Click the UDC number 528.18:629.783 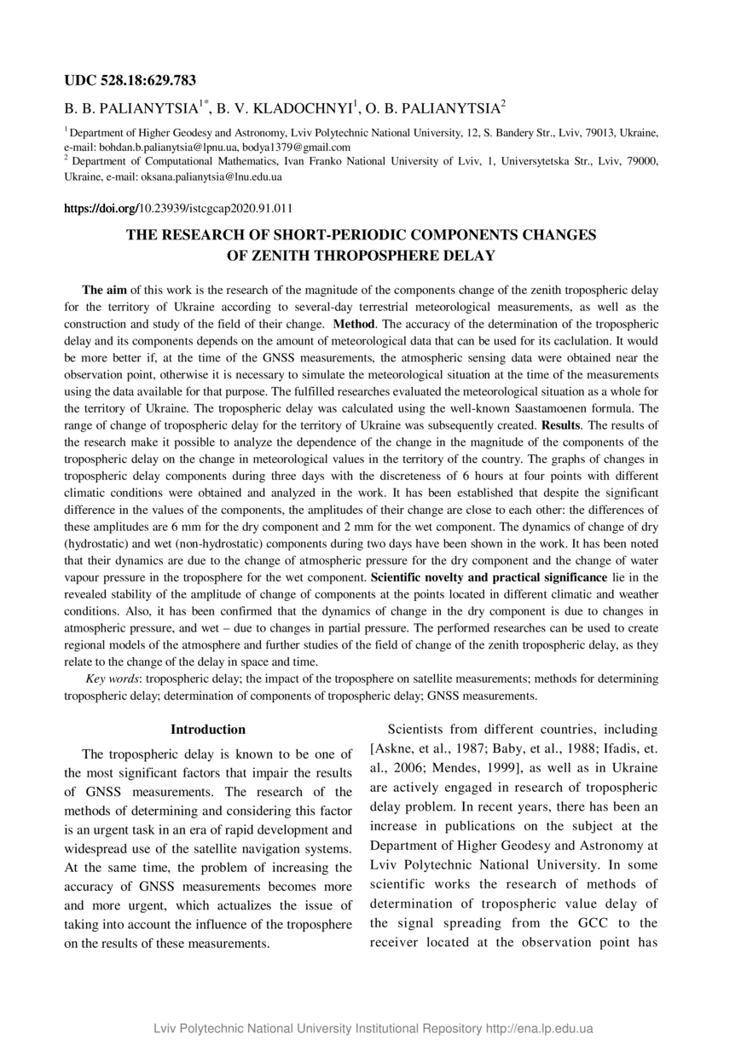point(146,81)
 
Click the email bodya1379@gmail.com point(290,147)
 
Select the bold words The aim point(104,291)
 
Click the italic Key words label point(113,679)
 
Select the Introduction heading point(208,730)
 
